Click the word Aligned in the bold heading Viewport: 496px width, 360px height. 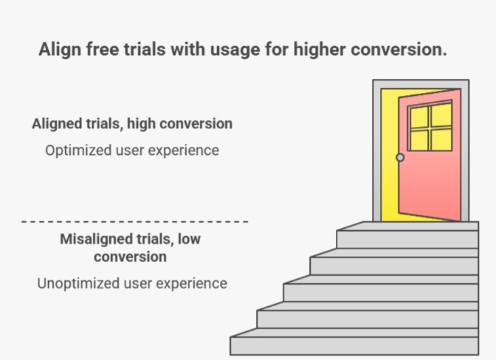pos(56,124)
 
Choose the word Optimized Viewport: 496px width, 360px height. pos(77,150)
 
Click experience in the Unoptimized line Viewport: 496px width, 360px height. pos(190,283)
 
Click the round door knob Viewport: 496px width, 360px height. pos(400,157)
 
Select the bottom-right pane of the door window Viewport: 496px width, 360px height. pos(441,139)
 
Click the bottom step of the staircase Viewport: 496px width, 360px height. pos(354,345)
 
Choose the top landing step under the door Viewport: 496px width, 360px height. pos(407,238)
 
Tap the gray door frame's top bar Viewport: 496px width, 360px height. pos(421,84)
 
